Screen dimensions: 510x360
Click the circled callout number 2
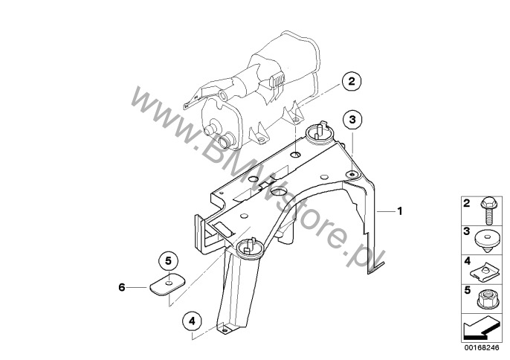tap(352, 81)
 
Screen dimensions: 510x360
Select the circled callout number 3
tap(352, 120)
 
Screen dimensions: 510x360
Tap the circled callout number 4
tap(193, 321)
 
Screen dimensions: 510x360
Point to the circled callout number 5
tap(168, 261)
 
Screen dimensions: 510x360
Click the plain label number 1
tap(400, 211)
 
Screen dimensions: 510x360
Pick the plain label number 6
tap(122, 287)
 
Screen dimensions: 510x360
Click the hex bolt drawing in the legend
tap(487, 211)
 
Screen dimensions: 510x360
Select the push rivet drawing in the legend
tap(487, 241)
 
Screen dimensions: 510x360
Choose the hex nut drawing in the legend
tap(486, 300)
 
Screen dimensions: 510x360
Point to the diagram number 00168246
tap(482, 347)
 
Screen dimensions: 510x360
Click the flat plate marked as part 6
tap(167, 285)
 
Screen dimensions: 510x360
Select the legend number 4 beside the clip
tap(468, 261)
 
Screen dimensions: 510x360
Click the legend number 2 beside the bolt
tap(467, 204)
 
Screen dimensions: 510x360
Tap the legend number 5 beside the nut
tap(468, 290)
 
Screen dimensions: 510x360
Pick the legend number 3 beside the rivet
tap(467, 231)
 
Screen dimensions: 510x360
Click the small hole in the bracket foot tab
tap(225, 330)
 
